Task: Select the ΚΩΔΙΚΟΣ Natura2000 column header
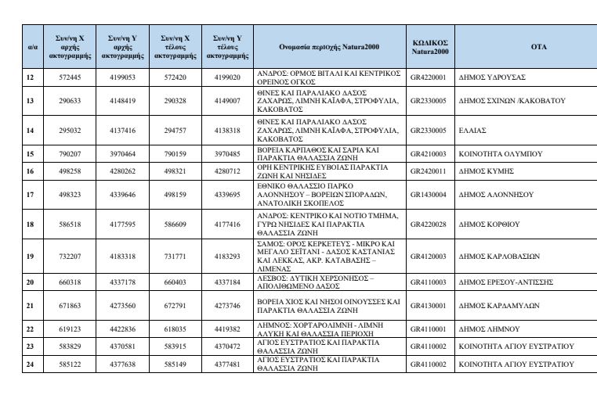(429, 47)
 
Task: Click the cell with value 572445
(71, 77)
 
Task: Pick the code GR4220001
(429, 77)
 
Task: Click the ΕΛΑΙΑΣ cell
(472, 130)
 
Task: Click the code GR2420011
(429, 170)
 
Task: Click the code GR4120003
(429, 256)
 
